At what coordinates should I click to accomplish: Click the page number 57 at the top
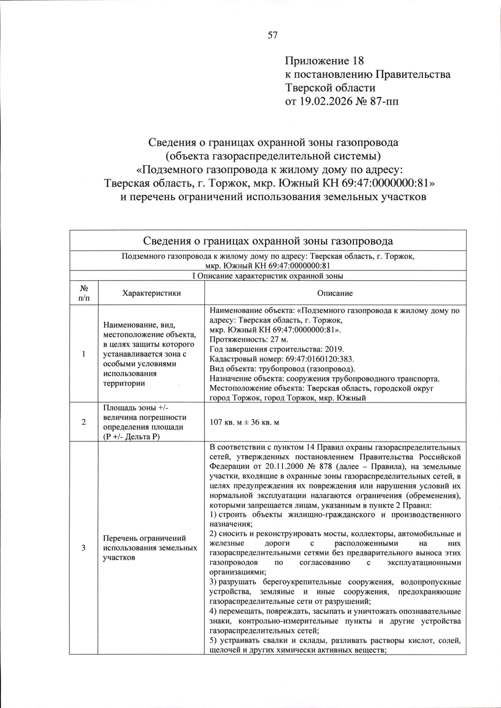point(272,35)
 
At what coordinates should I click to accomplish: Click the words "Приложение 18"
point(324,61)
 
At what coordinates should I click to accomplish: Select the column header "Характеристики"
point(151,293)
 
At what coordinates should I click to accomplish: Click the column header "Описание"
point(335,293)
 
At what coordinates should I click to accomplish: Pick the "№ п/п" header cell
point(83,293)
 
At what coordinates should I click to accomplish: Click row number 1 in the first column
point(83,354)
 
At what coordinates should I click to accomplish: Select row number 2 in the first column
point(83,422)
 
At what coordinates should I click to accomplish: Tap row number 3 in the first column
point(83,547)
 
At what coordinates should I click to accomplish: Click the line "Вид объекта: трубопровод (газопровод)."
point(282,369)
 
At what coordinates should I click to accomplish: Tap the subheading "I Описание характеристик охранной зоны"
point(268,276)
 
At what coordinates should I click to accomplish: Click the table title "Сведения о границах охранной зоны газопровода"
point(268,241)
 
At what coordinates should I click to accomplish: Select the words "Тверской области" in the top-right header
point(330,88)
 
